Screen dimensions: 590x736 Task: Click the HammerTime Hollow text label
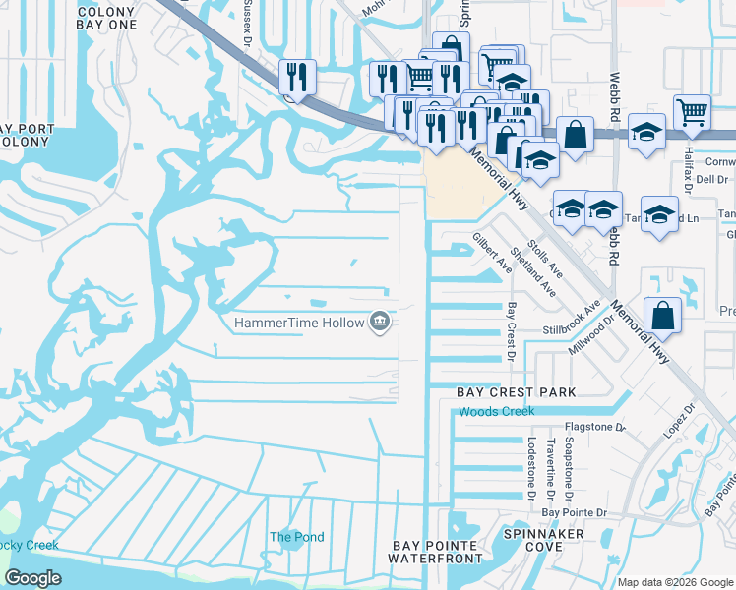[298, 323]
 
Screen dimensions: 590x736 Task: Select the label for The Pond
[296, 537]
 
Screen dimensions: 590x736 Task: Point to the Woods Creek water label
[496, 411]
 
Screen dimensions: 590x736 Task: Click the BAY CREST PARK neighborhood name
[516, 392]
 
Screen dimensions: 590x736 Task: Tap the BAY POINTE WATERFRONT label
[435, 552]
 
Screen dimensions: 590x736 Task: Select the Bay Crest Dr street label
[511, 331]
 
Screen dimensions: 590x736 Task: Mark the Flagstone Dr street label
[593, 428]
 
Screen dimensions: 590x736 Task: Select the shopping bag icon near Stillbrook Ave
[663, 316]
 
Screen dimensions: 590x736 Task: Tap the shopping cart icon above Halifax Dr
[693, 113]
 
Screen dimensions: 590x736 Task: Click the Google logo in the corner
[33, 578]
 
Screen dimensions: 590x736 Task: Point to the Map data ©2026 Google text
[675, 582]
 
